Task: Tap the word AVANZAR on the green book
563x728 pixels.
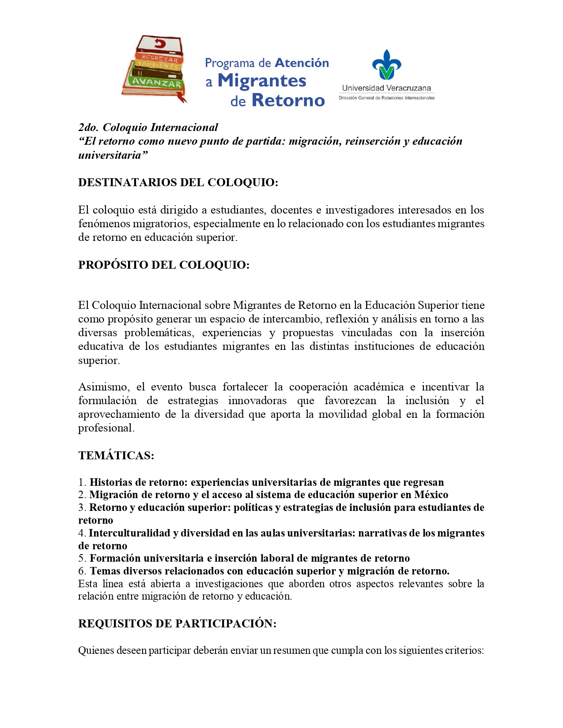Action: [x=157, y=83]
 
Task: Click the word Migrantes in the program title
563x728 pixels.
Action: [x=262, y=81]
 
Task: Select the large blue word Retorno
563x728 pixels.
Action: [x=288, y=100]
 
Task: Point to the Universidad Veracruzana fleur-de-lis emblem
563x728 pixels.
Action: [x=386, y=64]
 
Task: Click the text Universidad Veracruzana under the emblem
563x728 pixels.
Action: [x=386, y=88]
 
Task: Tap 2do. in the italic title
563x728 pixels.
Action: [x=88, y=128]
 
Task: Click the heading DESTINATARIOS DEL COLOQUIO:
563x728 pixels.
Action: [x=178, y=182]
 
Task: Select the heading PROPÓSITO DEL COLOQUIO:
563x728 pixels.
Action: [x=164, y=265]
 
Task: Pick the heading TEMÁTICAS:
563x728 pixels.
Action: [x=116, y=455]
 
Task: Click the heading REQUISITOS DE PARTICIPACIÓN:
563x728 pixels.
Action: [x=177, y=623]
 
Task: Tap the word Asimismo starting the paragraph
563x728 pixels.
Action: [x=104, y=387]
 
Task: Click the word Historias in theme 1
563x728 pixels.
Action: [x=111, y=482]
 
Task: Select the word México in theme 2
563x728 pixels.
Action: [x=431, y=495]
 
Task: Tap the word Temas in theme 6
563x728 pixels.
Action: [x=105, y=571]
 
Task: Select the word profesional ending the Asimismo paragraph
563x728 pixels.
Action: [x=106, y=428]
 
